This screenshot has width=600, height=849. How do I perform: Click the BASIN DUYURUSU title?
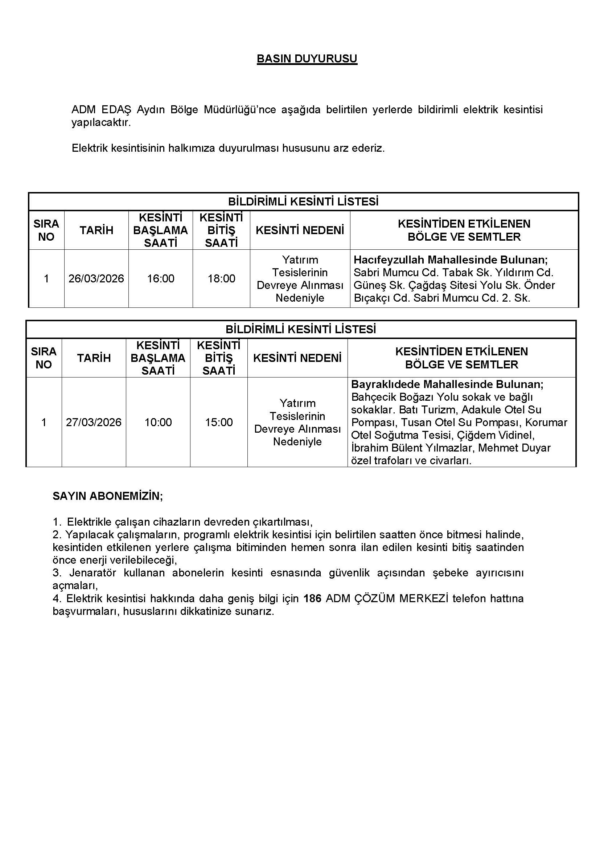point(307,59)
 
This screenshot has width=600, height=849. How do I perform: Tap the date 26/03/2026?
point(96,278)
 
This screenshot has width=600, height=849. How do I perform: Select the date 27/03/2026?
point(94,422)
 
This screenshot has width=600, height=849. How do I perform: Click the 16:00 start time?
point(160,278)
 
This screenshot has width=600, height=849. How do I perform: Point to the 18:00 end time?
point(221,278)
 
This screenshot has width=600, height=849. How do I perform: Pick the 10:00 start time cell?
point(158,422)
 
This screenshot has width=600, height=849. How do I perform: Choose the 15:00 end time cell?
point(219,422)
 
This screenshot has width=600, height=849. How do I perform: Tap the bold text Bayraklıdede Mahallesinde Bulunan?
point(447,384)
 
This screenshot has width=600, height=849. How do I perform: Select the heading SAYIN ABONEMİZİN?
point(107,496)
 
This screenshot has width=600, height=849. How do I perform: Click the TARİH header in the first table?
point(96,230)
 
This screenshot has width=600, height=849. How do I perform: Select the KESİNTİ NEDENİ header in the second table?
point(297,358)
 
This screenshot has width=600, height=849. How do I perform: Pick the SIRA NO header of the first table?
point(46,230)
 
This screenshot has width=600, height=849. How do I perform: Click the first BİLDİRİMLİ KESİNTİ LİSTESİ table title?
point(303,201)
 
